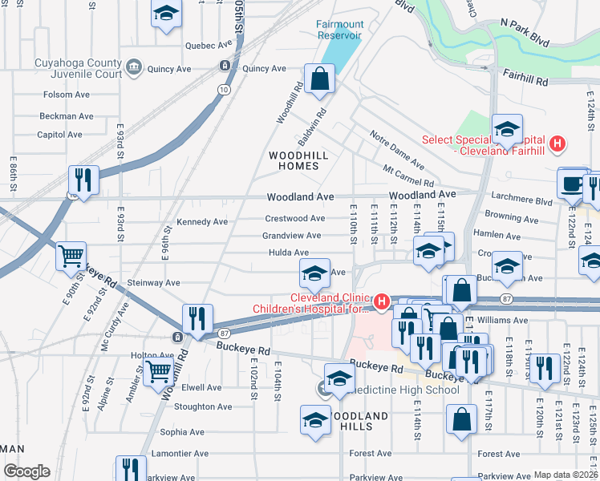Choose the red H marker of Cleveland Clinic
click(382, 303)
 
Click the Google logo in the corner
click(26, 471)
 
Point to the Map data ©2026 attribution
click(566, 475)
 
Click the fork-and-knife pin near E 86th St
click(83, 180)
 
